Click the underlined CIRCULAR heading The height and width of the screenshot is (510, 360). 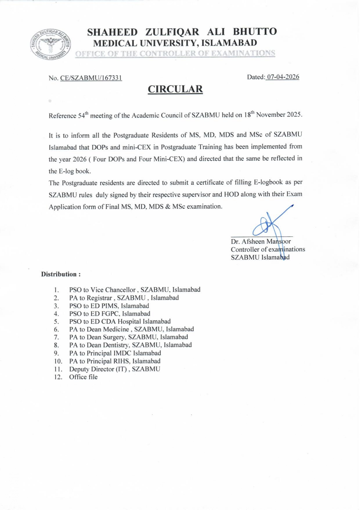coord(175,89)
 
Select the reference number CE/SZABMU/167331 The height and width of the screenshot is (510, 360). coord(91,78)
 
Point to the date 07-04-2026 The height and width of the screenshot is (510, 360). coord(283,77)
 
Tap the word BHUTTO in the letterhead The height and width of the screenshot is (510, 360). coord(255,31)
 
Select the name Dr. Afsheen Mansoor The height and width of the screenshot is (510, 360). coord(261,241)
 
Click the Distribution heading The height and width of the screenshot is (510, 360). coord(61,274)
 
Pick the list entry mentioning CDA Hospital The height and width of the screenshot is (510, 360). coord(120,321)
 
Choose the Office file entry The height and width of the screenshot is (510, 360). coord(83,377)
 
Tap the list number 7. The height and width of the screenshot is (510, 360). coord(56,337)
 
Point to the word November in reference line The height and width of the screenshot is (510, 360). coord(271,114)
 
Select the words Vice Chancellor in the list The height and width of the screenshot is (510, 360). coord(113,290)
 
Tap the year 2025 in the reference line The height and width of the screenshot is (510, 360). coord(294,114)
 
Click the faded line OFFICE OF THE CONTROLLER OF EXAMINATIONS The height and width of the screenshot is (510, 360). coord(175,53)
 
